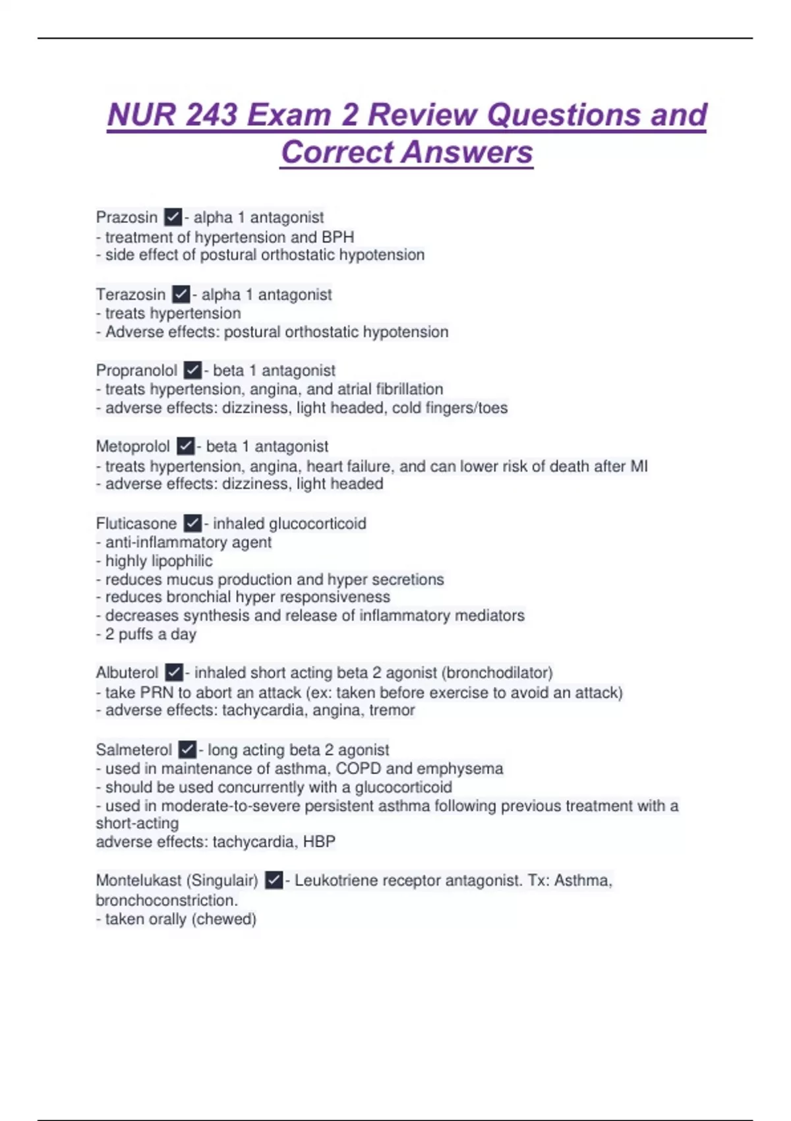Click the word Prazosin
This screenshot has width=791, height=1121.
[x=127, y=217]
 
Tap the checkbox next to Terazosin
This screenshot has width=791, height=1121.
[x=181, y=294]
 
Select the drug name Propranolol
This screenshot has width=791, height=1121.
[x=136, y=371]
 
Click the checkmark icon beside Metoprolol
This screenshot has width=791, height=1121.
[x=186, y=446]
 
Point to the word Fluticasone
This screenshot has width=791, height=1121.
[x=136, y=524]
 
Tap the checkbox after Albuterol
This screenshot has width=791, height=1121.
[x=173, y=673]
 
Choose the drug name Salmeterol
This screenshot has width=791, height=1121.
[x=134, y=750]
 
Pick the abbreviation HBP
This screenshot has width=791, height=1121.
[x=319, y=842]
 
